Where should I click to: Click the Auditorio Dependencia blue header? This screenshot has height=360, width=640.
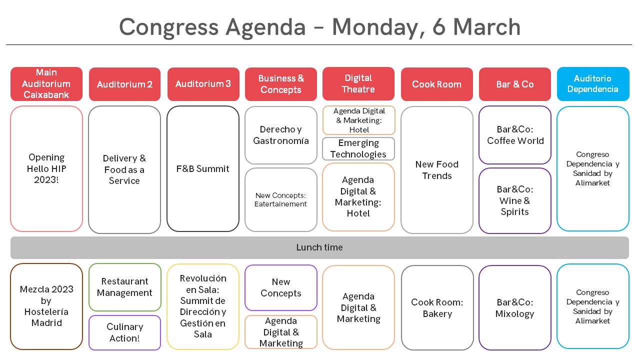[x=593, y=84]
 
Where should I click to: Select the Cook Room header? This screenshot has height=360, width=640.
[x=436, y=84]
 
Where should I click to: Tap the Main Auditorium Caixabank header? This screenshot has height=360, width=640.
[x=46, y=84]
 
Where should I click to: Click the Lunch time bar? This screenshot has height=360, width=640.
[x=319, y=247]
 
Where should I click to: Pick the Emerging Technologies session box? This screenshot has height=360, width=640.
[x=358, y=148]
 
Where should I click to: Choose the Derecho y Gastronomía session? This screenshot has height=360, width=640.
[x=281, y=135]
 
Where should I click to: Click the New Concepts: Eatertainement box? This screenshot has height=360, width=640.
[x=281, y=199]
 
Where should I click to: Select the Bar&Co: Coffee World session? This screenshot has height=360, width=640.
[x=515, y=135]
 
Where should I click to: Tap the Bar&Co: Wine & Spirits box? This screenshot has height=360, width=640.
[x=515, y=200]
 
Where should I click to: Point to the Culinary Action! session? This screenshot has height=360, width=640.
[x=124, y=332]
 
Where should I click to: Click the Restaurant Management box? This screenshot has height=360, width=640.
[x=124, y=287]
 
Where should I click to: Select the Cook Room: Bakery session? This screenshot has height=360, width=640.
[x=437, y=307]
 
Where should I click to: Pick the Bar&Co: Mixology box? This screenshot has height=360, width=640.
[x=515, y=307]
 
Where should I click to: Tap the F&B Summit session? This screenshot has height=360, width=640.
[x=203, y=169]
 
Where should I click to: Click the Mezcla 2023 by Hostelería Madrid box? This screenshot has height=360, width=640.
[x=46, y=306]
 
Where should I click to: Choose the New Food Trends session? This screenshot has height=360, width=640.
[x=437, y=170]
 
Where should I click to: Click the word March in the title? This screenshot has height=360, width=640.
[x=487, y=27]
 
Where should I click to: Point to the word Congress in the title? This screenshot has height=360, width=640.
[x=169, y=27]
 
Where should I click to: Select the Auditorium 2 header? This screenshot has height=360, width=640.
[x=124, y=84]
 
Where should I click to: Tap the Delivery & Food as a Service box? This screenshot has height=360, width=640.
[x=124, y=169]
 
